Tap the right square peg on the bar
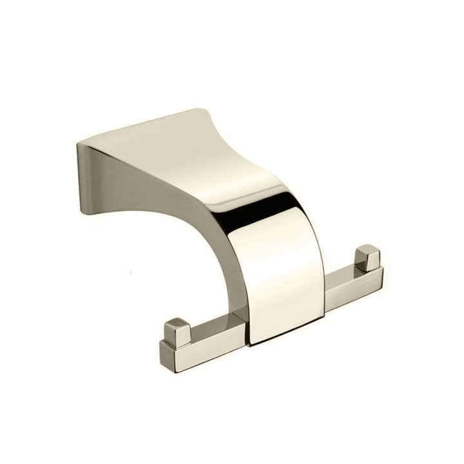(368, 258)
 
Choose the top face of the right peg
(368, 249)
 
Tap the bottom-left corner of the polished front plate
(250, 342)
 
